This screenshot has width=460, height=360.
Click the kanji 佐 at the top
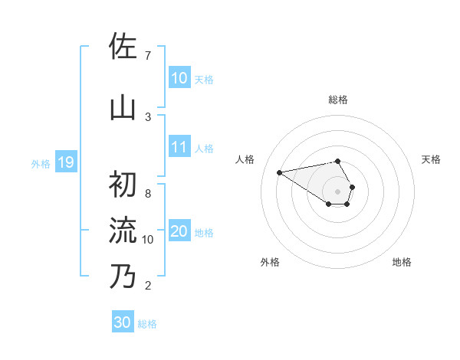123,46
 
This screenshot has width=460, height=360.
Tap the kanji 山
123,108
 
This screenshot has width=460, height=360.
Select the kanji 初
123,184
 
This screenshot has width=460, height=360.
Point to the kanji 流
123,229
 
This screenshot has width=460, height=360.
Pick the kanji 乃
123,275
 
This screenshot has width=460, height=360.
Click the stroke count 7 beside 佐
148,56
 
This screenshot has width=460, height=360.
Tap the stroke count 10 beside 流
148,240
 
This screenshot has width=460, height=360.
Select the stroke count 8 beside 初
148,194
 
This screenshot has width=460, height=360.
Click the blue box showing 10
179,78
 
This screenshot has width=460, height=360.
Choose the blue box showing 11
179,147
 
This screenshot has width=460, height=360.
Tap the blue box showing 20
179,231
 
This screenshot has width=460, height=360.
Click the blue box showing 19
65,162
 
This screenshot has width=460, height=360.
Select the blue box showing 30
123,322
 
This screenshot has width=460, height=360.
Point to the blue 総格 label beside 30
147,324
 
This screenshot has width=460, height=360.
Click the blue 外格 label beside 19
41,163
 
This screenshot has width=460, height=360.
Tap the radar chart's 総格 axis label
338,100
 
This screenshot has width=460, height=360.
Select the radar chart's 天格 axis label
431,159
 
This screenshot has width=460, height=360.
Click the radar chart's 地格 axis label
402,263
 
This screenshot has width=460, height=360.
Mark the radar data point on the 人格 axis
280,172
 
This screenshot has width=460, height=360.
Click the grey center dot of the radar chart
338,191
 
